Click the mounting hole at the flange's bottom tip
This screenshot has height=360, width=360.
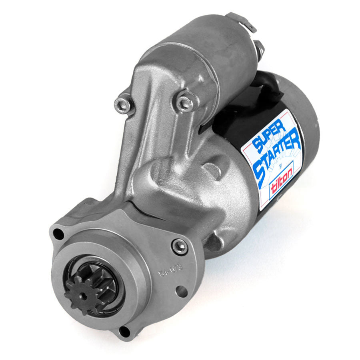tap(125, 331)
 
